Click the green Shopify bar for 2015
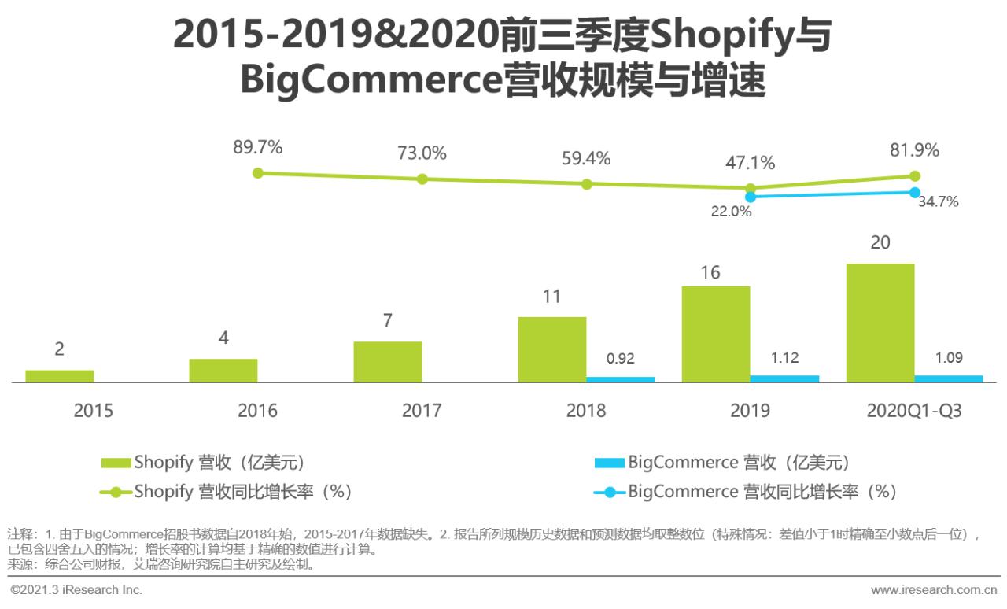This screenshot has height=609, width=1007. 59,376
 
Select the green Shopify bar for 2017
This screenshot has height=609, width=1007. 387,362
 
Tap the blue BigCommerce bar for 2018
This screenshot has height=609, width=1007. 620,379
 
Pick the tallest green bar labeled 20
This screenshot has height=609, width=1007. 880,323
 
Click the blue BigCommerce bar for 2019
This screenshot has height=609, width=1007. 784,378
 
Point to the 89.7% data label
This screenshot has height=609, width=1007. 257,147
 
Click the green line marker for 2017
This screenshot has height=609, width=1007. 422,179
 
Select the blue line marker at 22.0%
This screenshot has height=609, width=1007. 751,197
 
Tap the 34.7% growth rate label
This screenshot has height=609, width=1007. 938,201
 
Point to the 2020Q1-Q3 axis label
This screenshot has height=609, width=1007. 913,411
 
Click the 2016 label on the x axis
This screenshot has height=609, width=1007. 257,411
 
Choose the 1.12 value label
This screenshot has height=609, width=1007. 784,358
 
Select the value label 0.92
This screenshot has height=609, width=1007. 620,359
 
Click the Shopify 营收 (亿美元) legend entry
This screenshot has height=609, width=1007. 203,462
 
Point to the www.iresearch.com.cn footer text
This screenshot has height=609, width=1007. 934,589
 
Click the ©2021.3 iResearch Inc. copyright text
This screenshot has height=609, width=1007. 76,589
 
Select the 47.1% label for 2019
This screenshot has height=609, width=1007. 750,163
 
